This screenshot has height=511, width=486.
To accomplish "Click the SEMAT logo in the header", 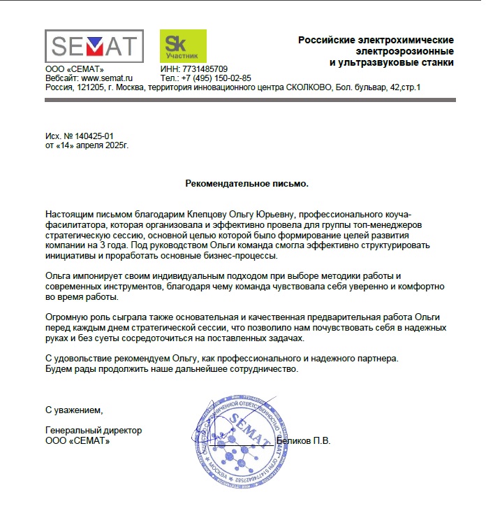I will click(94, 46).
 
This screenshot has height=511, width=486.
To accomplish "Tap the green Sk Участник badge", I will click(183, 46).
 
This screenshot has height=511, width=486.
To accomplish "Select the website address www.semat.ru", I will click(107, 78).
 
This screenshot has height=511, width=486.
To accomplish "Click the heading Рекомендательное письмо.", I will click(246, 183).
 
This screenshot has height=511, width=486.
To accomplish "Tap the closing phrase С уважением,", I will click(73, 409).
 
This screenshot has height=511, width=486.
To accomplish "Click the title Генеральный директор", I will click(93, 431).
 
